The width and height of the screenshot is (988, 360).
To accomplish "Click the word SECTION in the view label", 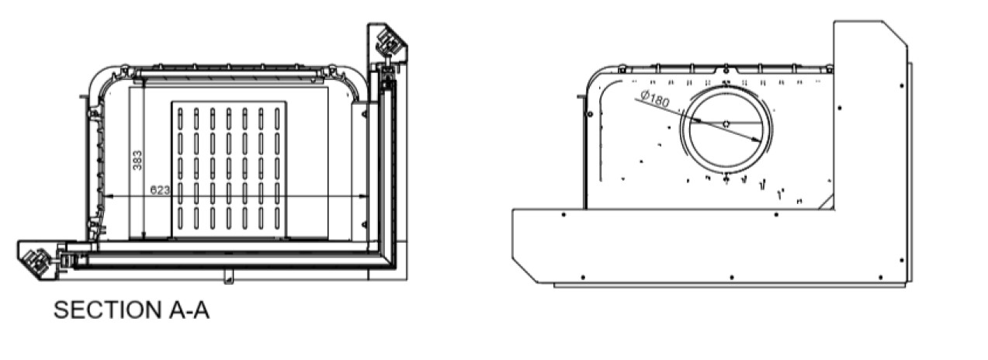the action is coord(108,310).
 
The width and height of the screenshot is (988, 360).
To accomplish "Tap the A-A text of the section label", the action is coord(189,310).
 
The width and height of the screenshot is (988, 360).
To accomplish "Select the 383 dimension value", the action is coord(137,161).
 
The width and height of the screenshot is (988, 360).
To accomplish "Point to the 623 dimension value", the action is coord(160,190).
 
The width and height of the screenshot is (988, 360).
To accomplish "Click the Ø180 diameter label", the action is coord(654,99).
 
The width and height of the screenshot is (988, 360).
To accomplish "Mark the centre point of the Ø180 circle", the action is coord(726,124).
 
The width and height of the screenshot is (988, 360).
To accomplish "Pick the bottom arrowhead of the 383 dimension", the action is coord(144,235).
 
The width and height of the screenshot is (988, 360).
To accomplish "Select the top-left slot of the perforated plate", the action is coord(180,119).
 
